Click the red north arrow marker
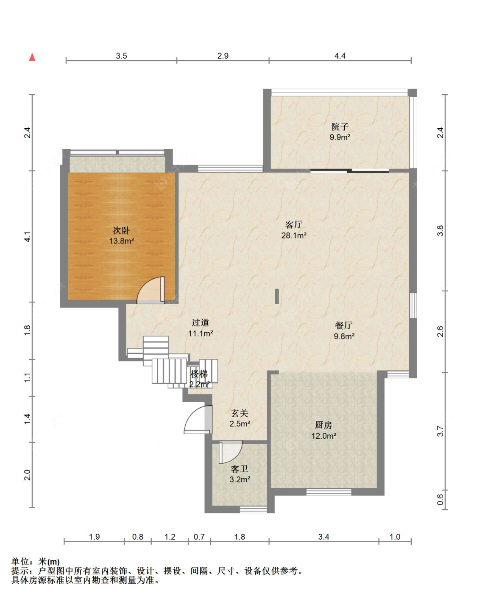(32, 57)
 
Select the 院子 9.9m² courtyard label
(340, 132)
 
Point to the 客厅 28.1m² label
(294, 230)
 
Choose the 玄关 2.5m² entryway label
(240, 418)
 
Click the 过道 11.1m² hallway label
(201, 328)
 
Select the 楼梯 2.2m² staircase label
(199, 379)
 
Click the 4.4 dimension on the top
(340, 56)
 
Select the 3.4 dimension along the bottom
(324, 537)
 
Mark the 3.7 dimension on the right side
(441, 431)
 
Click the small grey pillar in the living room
(277, 296)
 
